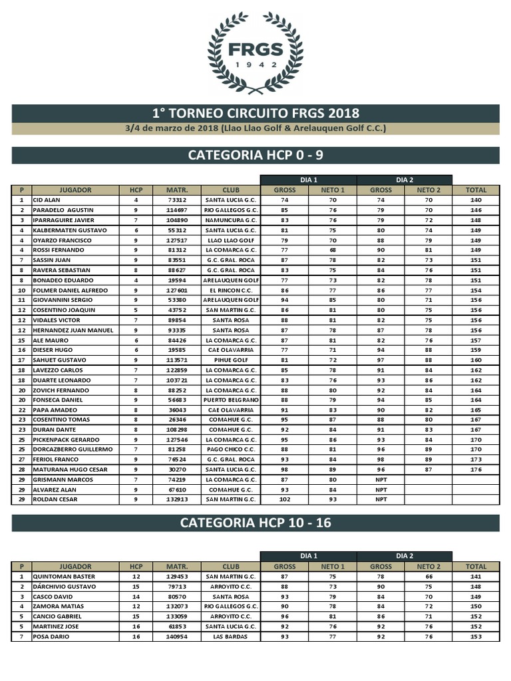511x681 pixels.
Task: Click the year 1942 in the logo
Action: (x=255, y=65)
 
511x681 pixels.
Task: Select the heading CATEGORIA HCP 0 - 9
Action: (x=255, y=155)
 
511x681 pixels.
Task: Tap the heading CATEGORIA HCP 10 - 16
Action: (x=255, y=523)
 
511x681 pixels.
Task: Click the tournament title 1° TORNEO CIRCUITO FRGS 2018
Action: (x=255, y=113)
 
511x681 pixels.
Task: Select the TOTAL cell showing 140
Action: (x=476, y=200)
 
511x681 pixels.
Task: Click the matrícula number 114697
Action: (x=176, y=209)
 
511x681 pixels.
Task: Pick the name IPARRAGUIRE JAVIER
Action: (x=64, y=219)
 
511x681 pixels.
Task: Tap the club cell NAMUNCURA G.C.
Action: (x=231, y=219)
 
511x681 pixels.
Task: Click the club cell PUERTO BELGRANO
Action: (x=231, y=400)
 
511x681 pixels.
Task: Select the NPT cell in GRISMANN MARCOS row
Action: (x=381, y=479)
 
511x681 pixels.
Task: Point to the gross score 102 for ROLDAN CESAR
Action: (x=284, y=499)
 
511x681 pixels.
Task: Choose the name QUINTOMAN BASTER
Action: (x=64, y=577)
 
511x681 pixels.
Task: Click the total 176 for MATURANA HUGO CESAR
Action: (x=476, y=470)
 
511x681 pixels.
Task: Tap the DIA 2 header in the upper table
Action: (x=405, y=180)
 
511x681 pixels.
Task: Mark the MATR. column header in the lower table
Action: (x=176, y=567)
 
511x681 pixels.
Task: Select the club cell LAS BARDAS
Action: (x=231, y=636)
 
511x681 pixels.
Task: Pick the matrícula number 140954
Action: (x=176, y=636)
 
